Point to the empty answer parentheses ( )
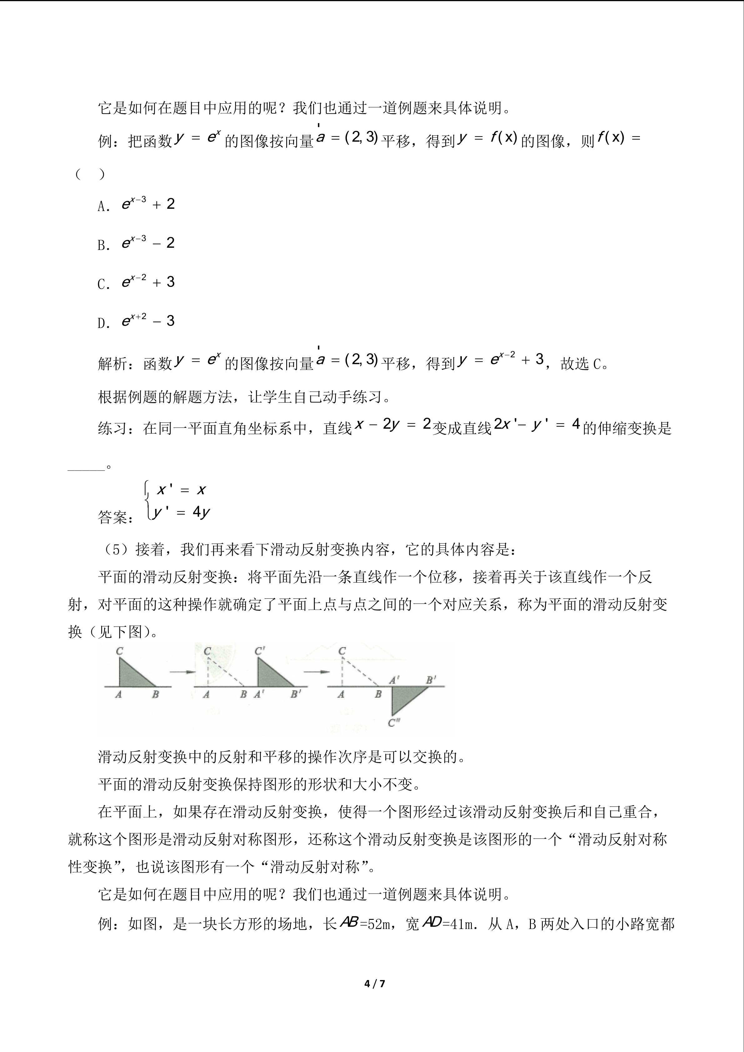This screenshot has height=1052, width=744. [90, 175]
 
